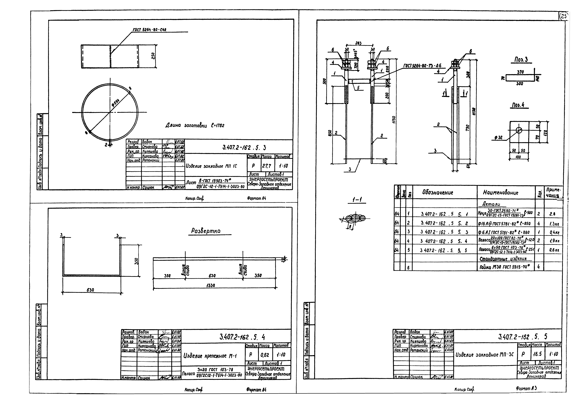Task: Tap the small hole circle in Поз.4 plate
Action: (x=519, y=130)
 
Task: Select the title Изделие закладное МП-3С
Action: (x=485, y=355)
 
